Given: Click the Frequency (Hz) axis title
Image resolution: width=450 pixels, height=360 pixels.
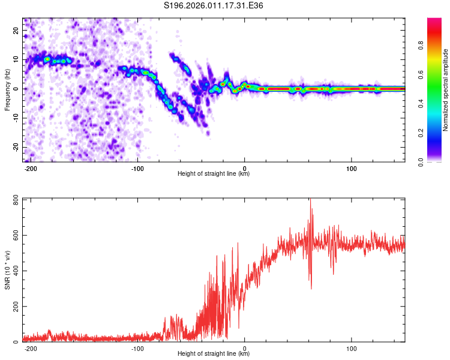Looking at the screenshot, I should [7, 90].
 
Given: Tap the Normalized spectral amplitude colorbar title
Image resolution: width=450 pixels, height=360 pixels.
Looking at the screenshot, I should [446, 90].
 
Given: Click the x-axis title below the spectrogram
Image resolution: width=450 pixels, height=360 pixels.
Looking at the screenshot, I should [214, 174].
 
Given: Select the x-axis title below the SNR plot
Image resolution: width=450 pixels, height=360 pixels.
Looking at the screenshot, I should [214, 354].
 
